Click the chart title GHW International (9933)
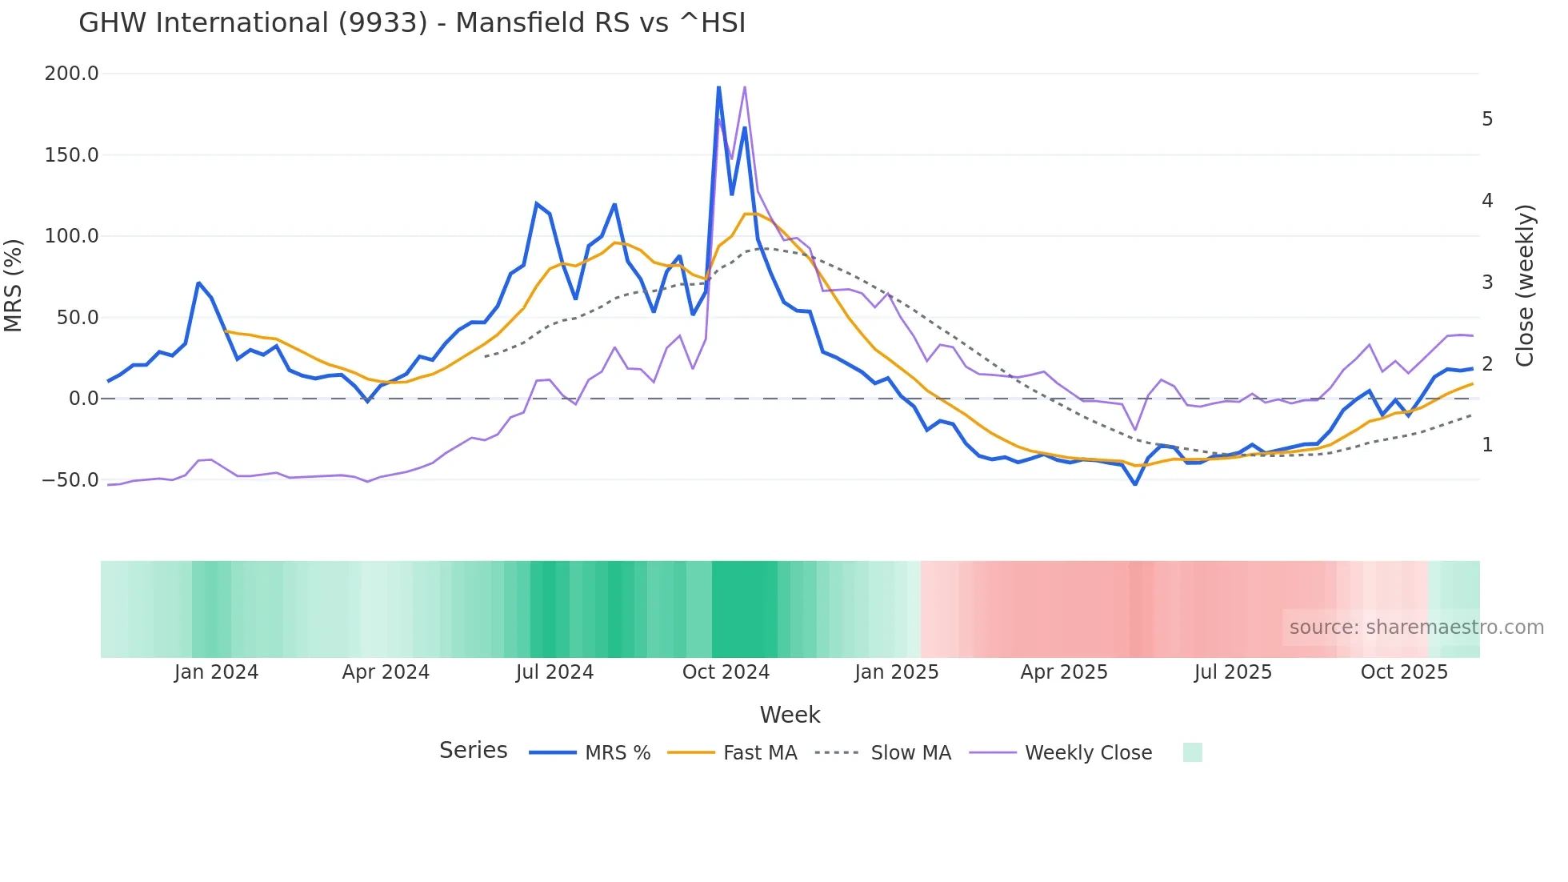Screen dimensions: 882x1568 click(411, 23)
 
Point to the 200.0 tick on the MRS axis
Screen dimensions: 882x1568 click(71, 74)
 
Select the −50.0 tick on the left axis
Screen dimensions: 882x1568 click(70, 480)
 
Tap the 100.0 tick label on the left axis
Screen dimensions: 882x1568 click(71, 236)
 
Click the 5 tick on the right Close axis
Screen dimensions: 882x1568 click(1487, 119)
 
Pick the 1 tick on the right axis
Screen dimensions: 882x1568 click(1487, 445)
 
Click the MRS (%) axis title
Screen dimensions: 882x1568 click(14, 285)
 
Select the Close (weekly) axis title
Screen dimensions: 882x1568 click(1525, 285)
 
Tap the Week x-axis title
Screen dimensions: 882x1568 click(790, 715)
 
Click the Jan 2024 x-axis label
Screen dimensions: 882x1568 click(216, 672)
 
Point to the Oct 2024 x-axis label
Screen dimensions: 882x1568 click(726, 672)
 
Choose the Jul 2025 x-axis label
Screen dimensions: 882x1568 click(1233, 672)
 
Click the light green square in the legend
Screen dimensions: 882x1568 click(1192, 752)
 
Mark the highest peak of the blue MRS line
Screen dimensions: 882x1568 click(718, 87)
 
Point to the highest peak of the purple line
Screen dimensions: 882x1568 click(745, 87)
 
